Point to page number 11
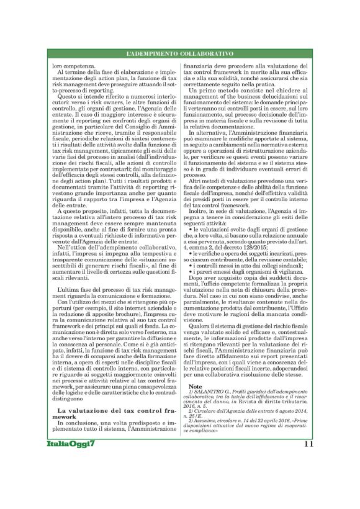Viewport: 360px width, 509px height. point(308,479)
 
